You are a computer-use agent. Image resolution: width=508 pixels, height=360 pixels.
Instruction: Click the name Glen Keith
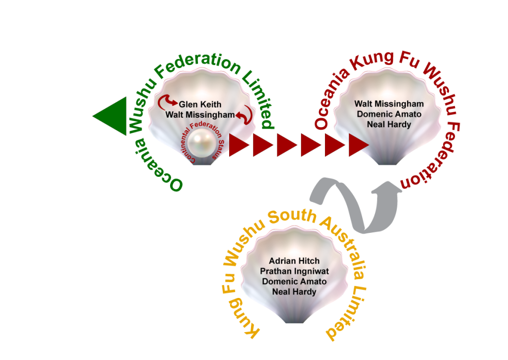(x=200, y=105)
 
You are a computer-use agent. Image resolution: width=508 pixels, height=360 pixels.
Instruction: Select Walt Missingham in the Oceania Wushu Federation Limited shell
(x=200, y=115)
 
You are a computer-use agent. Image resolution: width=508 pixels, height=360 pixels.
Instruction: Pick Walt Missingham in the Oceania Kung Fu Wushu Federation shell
(x=389, y=104)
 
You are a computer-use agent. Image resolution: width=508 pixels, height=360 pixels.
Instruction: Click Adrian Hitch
(x=294, y=261)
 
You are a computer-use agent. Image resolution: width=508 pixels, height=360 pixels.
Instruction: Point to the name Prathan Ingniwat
(x=294, y=271)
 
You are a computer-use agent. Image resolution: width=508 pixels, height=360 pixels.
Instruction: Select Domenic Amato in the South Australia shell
(x=294, y=282)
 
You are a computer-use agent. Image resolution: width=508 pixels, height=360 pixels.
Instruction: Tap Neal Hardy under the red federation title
(x=389, y=124)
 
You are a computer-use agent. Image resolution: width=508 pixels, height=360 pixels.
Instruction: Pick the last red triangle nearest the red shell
(x=358, y=145)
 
